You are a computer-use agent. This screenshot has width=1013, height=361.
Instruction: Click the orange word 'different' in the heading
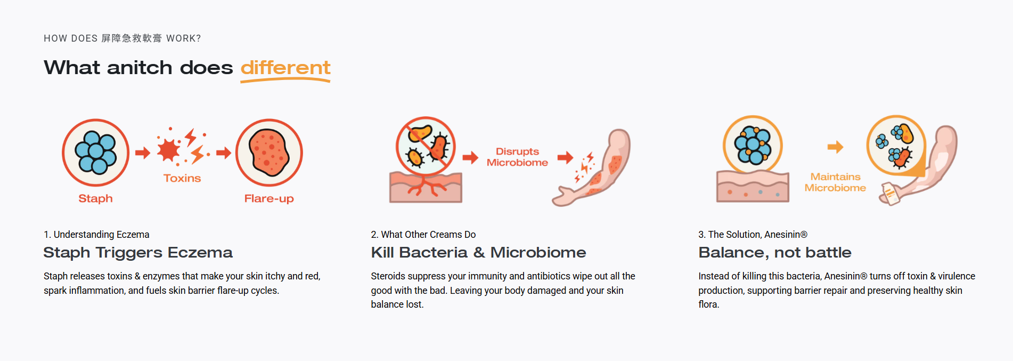(x=285, y=68)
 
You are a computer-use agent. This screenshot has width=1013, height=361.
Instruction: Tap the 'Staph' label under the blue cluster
(x=95, y=198)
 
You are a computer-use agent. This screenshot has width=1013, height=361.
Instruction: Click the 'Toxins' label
(x=182, y=178)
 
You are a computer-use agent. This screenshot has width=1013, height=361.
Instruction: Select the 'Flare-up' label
(x=269, y=199)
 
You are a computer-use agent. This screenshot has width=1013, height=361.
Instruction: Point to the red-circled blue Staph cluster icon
(x=96, y=153)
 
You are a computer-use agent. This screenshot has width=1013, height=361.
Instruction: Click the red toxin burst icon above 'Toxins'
(x=183, y=146)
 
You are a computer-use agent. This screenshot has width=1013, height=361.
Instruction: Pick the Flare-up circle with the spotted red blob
(x=269, y=153)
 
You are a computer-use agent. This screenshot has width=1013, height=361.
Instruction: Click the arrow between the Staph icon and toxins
(x=143, y=153)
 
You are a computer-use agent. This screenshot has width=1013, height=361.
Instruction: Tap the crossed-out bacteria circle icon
(x=426, y=146)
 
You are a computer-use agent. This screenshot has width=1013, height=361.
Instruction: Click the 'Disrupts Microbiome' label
(x=517, y=157)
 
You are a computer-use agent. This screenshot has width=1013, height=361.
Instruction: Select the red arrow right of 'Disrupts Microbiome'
(x=566, y=157)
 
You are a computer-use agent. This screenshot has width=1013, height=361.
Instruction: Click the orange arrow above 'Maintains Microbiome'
(x=835, y=147)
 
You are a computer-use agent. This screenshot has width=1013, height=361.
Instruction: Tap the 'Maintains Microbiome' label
(x=835, y=182)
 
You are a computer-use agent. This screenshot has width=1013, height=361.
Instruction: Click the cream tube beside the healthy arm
(x=890, y=194)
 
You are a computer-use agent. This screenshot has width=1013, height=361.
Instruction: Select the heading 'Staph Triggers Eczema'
(x=138, y=252)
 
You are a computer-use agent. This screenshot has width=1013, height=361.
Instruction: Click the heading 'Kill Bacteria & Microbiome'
(x=478, y=252)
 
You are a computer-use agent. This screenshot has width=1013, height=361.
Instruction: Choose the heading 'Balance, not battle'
(x=775, y=253)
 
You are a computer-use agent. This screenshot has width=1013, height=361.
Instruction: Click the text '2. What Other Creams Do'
(x=423, y=235)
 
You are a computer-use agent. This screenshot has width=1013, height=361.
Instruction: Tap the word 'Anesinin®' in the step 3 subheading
(x=786, y=235)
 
